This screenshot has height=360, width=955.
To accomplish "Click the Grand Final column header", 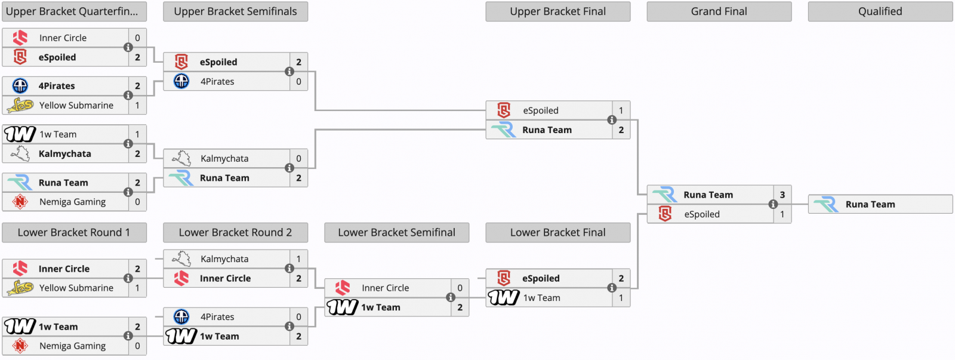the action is coord(719,11).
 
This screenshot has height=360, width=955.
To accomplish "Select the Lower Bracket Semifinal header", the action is coord(396,232).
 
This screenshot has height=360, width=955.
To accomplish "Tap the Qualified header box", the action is coord(880,11).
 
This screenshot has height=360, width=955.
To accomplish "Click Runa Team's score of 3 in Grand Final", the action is coord(783,195).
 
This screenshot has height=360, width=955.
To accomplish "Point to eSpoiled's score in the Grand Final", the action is coord(783,214).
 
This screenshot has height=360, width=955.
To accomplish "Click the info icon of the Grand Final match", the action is coord(772,204).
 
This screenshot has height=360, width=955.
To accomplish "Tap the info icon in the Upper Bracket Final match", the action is coord(611,120).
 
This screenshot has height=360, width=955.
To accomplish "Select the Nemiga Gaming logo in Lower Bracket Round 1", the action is coord(20,346).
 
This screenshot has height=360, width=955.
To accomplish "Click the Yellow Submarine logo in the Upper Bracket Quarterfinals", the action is coord(20,105).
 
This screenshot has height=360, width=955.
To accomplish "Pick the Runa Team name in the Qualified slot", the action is coord(870,204).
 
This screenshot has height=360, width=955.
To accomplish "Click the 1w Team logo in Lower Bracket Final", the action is coord(504,298).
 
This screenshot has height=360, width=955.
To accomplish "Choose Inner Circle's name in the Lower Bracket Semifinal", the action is coord(386,288).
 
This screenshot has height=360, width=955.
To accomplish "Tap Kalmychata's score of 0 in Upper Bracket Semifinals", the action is coord(298,159).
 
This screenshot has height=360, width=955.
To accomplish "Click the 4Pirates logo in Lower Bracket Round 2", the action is coord(181,317).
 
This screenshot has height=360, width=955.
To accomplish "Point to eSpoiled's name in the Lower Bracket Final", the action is coord(541,279).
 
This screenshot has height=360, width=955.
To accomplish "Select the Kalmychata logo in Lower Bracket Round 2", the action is coord(181,259).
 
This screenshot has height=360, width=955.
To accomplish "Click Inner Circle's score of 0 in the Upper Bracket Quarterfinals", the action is coord(137,38).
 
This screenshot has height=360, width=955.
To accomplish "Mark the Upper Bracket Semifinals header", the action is coord(235,11).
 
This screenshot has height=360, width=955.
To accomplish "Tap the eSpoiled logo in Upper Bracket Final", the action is coord(504,110).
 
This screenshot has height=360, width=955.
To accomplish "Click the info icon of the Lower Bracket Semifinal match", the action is coord(450,297).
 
